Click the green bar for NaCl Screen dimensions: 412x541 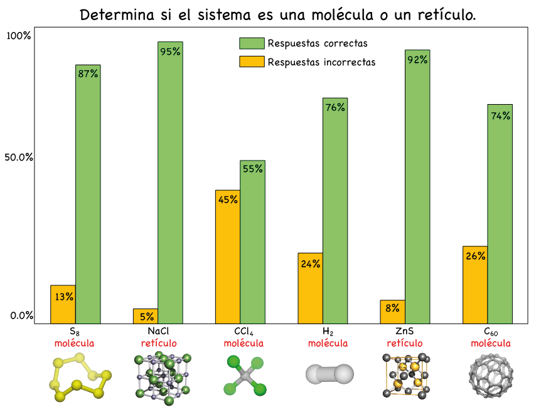[170, 182]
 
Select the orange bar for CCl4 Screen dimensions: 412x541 [227, 256]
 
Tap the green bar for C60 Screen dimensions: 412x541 [500, 213]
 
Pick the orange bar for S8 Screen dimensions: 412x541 [63, 304]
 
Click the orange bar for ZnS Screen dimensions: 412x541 [392, 312]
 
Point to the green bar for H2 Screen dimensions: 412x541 [335, 210]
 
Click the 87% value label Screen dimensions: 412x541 [88, 73]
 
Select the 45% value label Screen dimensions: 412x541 [227, 199]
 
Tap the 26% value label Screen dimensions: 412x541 [475, 255]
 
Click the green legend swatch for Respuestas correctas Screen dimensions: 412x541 [252, 43]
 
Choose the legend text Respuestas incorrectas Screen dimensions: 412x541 [321, 62]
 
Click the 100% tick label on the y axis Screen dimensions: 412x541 [18, 36]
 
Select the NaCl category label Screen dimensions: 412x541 [158, 331]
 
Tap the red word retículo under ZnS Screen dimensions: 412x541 [405, 344]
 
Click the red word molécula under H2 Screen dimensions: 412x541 [328, 344]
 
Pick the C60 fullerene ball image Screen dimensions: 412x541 [491, 376]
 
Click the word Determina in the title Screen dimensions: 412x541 [115, 14]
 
